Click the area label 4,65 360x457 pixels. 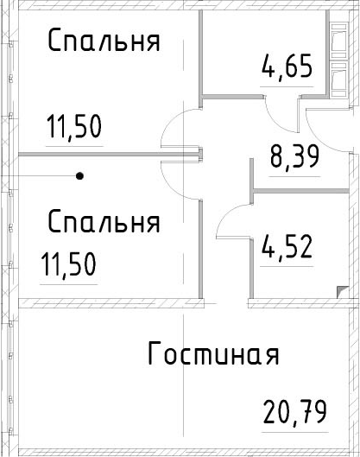pyautogui.click(x=287, y=67)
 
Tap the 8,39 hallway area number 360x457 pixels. pyautogui.click(x=294, y=157)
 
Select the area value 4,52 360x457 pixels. pyautogui.click(x=287, y=247)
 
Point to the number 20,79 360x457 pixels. pyautogui.click(x=294, y=411)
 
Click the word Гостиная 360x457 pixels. pyautogui.click(x=213, y=353)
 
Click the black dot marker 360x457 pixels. pyautogui.click(x=79, y=176)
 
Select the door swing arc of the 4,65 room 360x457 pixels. pyautogui.click(x=277, y=122)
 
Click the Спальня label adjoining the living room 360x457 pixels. pyautogui.click(x=104, y=222)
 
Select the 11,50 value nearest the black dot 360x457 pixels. pyautogui.click(x=69, y=264)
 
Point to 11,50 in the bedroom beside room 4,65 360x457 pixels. pyautogui.click(x=74, y=126)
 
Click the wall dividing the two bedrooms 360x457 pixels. pyautogui.click(x=110, y=154)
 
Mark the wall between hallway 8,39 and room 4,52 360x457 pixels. pyautogui.click(x=300, y=191)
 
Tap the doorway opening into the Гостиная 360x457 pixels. pyautogui.click(x=226, y=303)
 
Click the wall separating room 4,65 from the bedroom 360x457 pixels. pyautogui.click(x=200, y=58)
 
